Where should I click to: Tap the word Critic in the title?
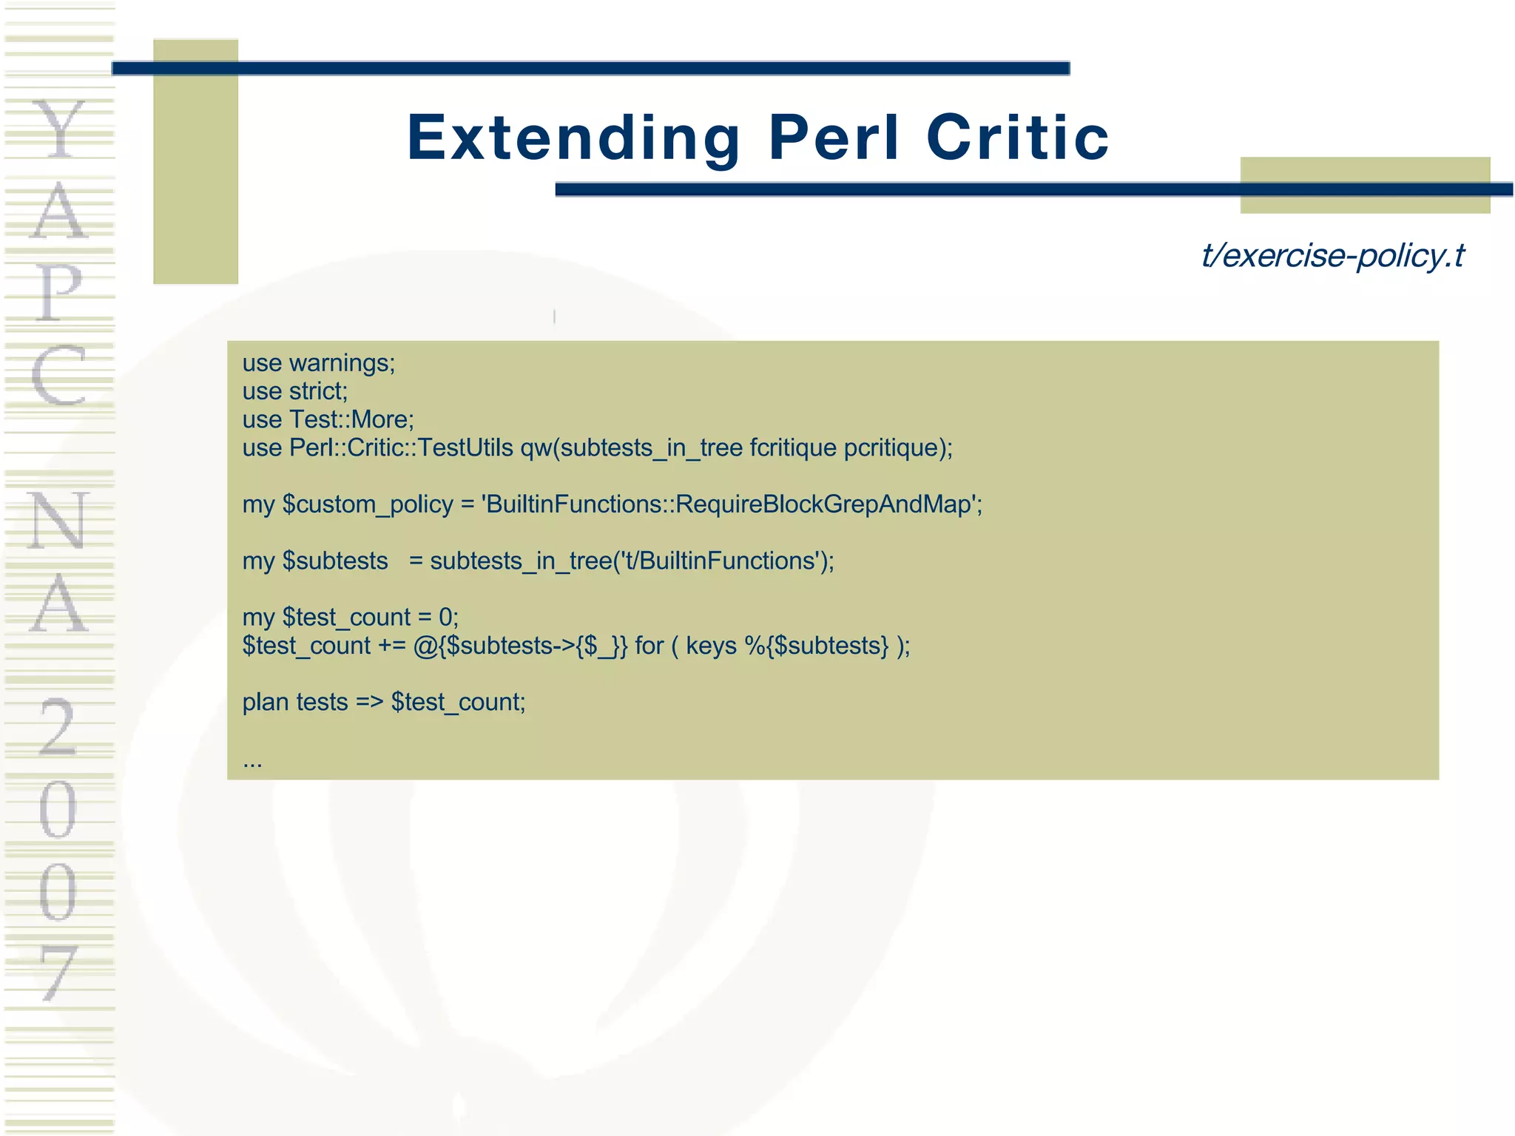point(1017,138)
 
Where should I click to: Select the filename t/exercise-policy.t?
point(1332,256)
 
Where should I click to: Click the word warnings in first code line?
point(341,363)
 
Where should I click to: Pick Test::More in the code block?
point(351,419)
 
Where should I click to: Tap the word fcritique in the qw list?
point(792,448)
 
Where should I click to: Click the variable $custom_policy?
point(368,504)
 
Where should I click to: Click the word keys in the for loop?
point(711,646)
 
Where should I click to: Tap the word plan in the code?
point(266,702)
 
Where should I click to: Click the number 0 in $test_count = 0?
point(445,618)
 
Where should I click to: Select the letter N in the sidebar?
point(58,521)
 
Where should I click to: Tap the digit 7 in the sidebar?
point(58,972)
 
